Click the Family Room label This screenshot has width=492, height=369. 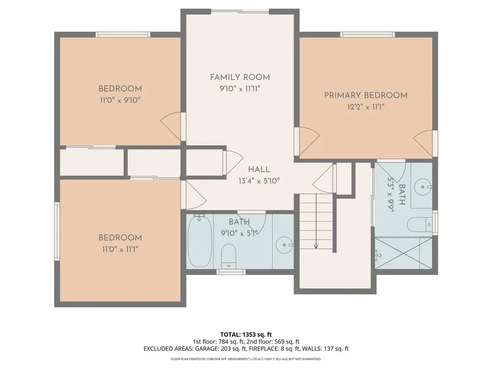click(240, 77)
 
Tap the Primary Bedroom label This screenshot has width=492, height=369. click(366, 96)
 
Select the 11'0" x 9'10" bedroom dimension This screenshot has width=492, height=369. click(120, 100)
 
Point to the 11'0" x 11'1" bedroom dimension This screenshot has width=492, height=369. click(120, 249)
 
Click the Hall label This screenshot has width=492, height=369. click(259, 170)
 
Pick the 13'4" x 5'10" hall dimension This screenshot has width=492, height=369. click(259, 181)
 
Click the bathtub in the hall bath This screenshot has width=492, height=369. click(199, 241)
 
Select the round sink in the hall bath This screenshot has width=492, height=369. click(284, 245)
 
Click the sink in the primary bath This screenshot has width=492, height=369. click(423, 187)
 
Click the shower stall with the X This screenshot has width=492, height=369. click(404, 253)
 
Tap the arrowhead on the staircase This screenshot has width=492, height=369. click(316, 246)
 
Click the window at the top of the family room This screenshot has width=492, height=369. click(240, 12)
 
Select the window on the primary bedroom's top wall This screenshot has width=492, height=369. click(368, 35)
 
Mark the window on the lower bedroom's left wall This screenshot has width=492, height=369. click(57, 231)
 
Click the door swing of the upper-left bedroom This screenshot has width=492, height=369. click(171, 126)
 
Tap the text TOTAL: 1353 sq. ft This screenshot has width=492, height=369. click(246, 334)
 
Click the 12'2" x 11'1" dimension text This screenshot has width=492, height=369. click(366, 107)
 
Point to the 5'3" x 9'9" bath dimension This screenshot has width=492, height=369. click(391, 195)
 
